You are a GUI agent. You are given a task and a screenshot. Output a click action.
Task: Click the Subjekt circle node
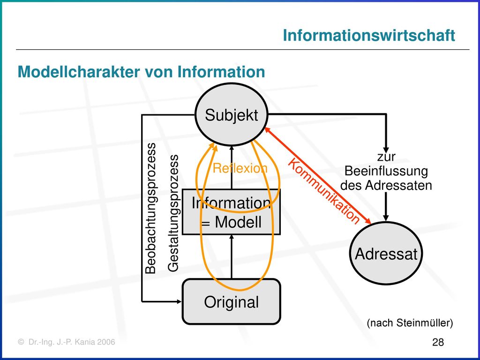(232, 115)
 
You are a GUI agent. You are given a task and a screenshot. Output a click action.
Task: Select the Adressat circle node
(386, 253)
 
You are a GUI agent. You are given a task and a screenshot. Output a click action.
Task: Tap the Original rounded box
(232, 301)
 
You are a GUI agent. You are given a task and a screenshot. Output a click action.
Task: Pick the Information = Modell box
(232, 212)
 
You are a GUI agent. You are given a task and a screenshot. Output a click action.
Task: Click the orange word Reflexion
(240, 168)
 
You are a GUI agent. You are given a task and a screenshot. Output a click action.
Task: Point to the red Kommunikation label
(323, 192)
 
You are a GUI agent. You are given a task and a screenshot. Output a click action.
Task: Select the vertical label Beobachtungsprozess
(150, 208)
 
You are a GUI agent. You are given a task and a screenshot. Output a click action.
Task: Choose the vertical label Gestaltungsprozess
(173, 213)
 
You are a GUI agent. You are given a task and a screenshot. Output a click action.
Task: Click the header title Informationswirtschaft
(369, 35)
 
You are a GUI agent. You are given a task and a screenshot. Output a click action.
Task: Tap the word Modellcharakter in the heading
(79, 72)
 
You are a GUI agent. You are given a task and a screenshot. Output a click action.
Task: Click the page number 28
(438, 342)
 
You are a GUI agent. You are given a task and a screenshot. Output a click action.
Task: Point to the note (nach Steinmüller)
(410, 322)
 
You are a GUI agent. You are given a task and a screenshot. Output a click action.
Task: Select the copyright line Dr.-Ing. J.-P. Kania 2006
(67, 342)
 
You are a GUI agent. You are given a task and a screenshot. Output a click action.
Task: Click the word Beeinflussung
(386, 171)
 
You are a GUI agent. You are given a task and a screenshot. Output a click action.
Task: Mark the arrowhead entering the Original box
(180, 301)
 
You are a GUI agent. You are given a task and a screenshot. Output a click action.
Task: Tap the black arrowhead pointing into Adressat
(386, 218)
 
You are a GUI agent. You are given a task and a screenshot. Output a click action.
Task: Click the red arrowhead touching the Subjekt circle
(267, 130)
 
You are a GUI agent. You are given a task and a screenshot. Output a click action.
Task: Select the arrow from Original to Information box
(232, 256)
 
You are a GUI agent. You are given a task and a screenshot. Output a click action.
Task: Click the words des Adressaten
(386, 185)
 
